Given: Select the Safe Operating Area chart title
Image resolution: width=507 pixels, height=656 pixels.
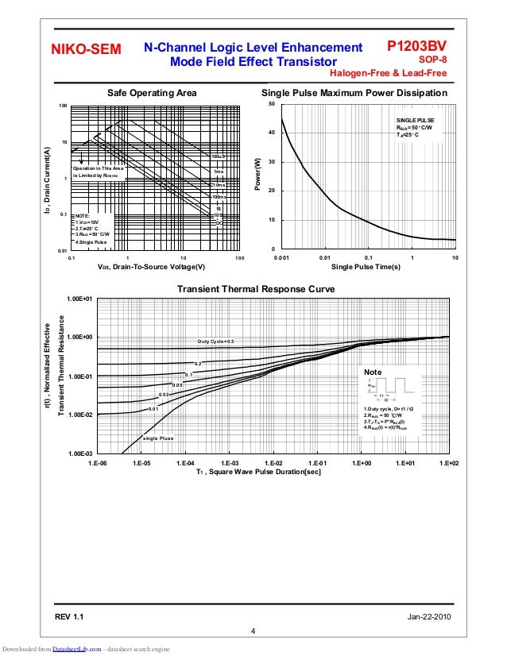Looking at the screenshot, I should coord(152,93).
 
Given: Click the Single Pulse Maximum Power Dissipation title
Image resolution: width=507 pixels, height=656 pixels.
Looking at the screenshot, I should coord(354,93).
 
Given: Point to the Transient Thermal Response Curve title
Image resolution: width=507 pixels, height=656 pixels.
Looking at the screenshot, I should coord(255,288).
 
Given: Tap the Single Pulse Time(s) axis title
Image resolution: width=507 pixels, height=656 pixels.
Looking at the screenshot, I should coord(366,268).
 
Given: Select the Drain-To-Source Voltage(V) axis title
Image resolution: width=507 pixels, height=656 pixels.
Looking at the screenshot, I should coord(151,268).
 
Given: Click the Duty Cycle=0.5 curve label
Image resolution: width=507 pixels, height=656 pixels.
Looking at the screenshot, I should coord(216,342).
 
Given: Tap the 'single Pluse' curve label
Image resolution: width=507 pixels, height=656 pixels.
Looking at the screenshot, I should coord(158,438).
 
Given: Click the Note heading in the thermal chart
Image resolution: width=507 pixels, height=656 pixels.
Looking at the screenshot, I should coord(372,372).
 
